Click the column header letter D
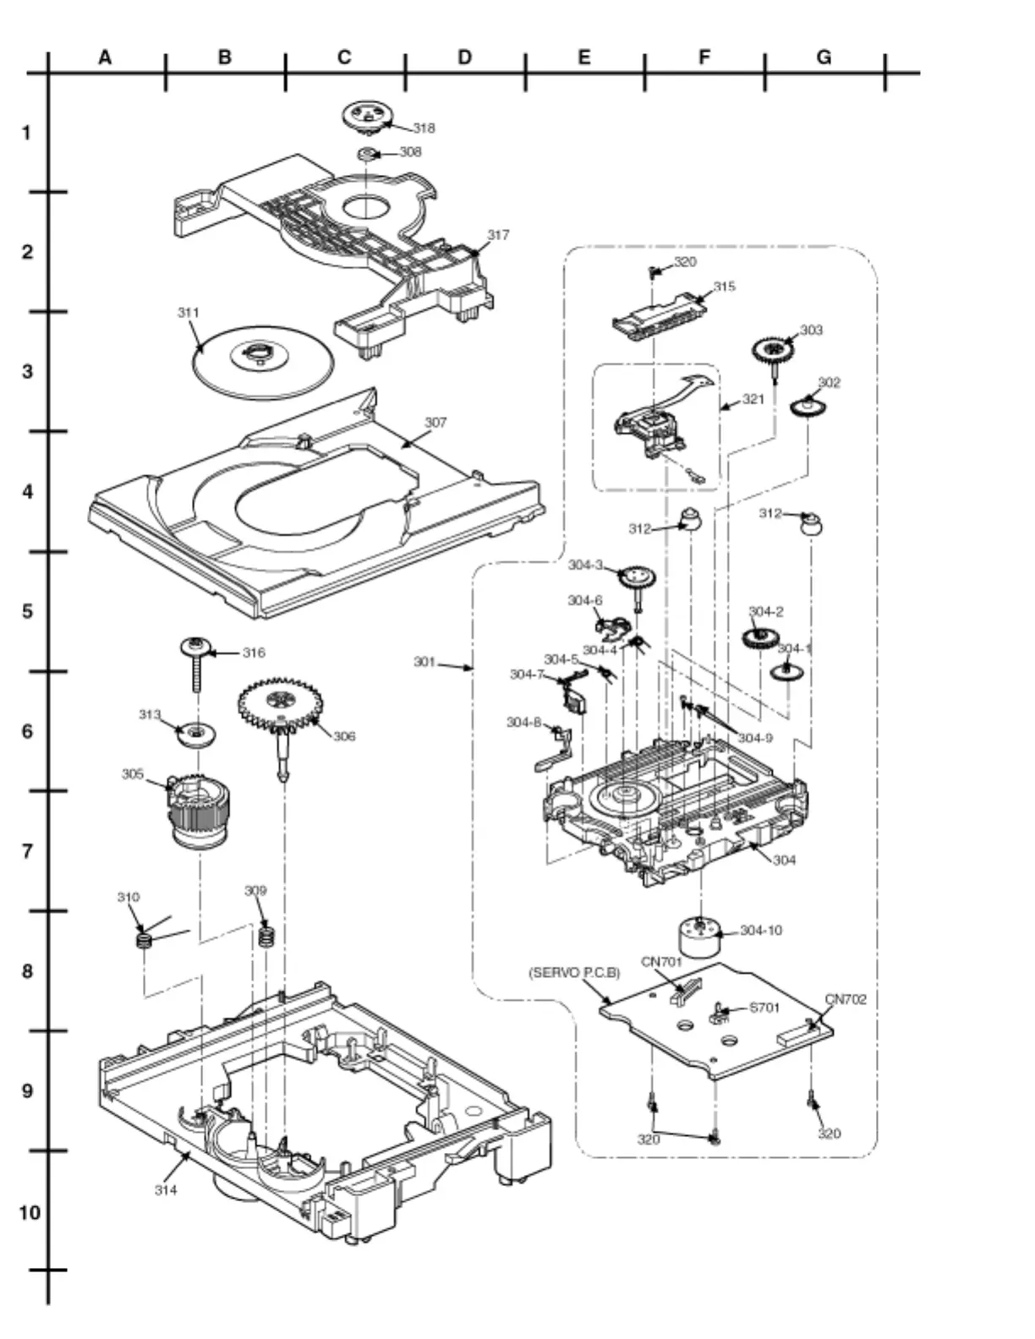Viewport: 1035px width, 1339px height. point(464,57)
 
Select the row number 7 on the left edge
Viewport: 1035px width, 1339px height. point(28,851)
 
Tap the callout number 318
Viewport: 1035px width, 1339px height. point(424,128)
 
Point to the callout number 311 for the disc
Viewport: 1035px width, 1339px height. point(188,313)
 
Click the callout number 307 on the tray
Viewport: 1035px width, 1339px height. point(435,422)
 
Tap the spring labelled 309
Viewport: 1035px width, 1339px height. point(267,936)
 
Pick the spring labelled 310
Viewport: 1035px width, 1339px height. point(144,939)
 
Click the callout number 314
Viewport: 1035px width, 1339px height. point(166,1189)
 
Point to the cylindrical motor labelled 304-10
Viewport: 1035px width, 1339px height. point(700,937)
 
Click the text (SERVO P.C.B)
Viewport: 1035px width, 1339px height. point(574,972)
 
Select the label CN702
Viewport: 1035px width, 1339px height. point(846,998)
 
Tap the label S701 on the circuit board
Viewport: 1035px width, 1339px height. point(764,1008)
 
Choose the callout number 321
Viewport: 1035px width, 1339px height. point(753,399)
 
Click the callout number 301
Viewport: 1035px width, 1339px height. point(424,661)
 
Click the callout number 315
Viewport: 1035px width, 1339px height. point(724,286)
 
